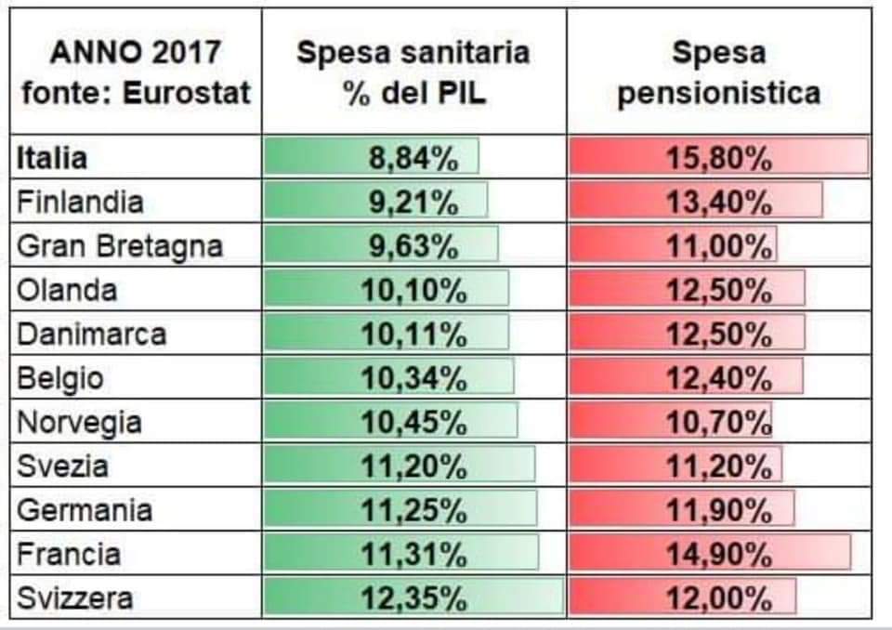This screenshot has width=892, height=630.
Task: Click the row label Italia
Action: point(52,158)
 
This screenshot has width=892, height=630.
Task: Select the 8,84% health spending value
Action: point(413,158)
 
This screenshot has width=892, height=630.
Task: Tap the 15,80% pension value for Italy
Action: point(719,158)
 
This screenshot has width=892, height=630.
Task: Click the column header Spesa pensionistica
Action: point(719,72)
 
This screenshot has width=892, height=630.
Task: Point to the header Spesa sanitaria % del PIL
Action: point(413,72)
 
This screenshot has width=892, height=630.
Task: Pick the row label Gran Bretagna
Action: point(120,246)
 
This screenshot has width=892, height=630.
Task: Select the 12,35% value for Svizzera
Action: point(413,597)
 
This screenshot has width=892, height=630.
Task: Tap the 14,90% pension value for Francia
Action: point(719,554)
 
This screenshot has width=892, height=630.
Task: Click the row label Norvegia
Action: point(80,423)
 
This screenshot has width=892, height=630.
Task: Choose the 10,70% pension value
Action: point(719,423)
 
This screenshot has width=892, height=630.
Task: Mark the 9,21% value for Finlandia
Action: point(413,202)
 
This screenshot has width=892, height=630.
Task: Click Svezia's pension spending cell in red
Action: point(719,466)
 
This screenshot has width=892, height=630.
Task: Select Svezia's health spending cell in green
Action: point(413,466)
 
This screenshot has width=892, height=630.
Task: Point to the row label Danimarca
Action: point(91,334)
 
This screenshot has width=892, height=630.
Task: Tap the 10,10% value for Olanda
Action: point(413,290)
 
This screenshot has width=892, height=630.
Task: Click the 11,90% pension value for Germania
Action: point(719,510)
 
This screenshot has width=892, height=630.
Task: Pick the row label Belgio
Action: point(60,378)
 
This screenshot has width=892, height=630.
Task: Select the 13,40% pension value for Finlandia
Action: point(719,202)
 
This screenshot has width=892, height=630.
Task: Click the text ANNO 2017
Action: point(136,53)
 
